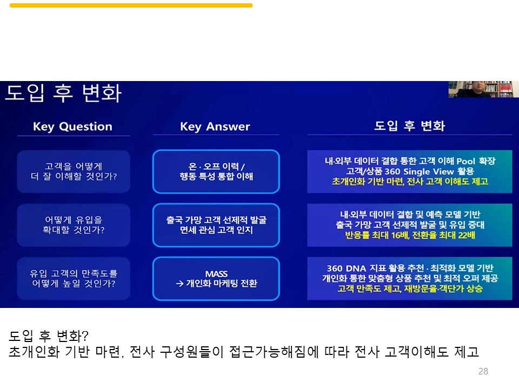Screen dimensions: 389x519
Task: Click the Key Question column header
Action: (x=72, y=126)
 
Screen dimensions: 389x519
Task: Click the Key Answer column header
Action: (x=215, y=126)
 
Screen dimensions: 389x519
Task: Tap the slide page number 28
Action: (x=483, y=371)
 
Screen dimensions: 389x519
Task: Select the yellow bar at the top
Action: (x=131, y=5)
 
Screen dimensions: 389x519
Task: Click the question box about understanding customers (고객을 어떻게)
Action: (x=74, y=171)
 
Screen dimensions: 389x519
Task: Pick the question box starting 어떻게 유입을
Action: (x=74, y=225)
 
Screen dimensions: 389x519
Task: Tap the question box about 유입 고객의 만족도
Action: (x=74, y=278)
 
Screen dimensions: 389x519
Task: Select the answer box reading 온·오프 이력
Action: (x=216, y=171)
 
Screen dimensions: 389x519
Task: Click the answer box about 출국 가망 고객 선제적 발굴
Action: (x=216, y=225)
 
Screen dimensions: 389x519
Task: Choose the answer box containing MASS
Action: (x=216, y=278)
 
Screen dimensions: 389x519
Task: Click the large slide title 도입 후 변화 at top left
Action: (x=63, y=93)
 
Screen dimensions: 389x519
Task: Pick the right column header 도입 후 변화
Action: (x=409, y=126)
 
